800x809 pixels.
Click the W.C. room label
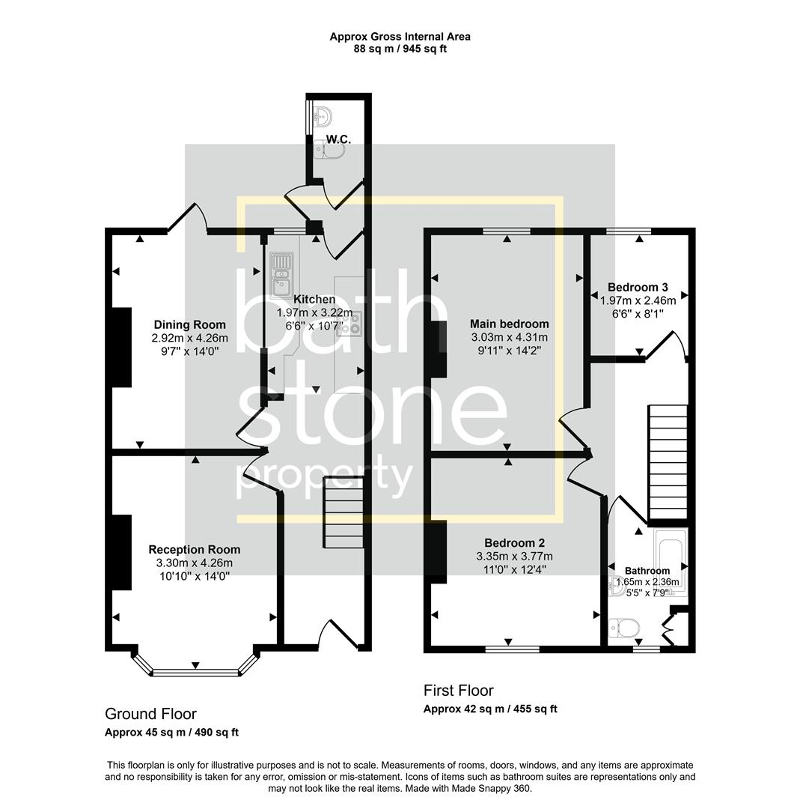338,140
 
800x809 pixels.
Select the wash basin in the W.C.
323,117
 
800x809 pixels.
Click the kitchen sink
281,273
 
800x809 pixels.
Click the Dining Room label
189,324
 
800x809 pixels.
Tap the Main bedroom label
509,324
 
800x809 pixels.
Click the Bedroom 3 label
638,287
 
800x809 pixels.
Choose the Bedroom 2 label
514,543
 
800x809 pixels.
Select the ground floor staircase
343,514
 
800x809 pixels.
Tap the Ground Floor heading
150,714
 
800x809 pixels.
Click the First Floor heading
459,691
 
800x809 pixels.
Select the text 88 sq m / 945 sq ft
400,49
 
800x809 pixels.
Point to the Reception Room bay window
196,670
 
